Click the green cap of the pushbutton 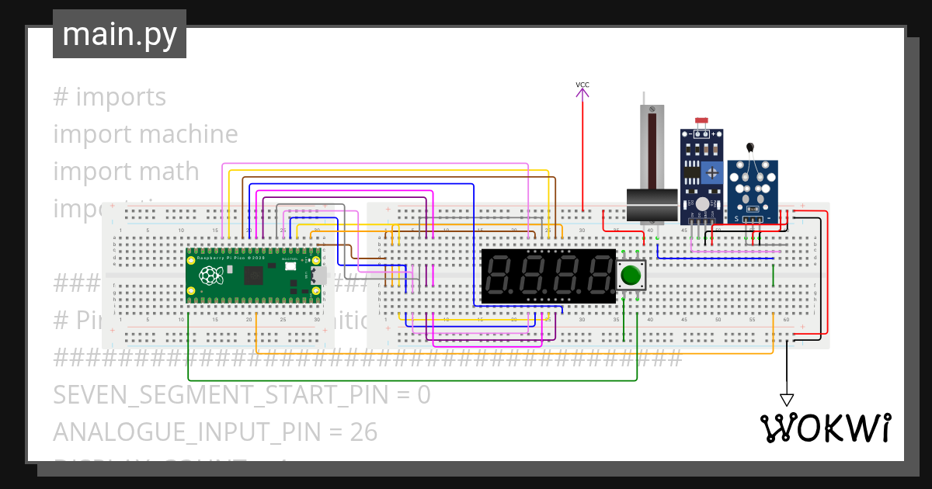(631, 275)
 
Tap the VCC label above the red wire (582, 84)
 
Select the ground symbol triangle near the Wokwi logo (787, 401)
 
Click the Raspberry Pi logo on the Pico (210, 275)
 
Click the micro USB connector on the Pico (318, 275)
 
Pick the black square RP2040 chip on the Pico (253, 276)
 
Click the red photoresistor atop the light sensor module (702, 120)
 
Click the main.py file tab (120, 34)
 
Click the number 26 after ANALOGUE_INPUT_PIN (362, 432)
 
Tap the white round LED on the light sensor (702, 204)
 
